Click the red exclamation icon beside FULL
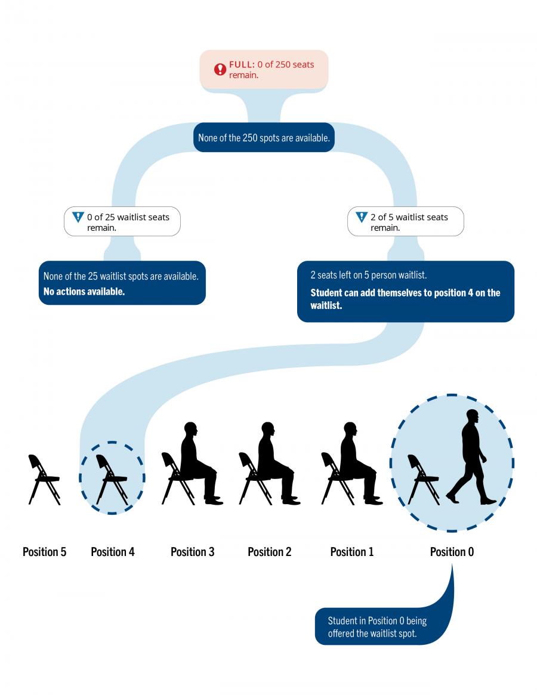coord(221,70)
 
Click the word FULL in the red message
coord(242,64)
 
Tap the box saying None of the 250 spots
coord(264,138)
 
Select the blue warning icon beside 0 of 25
coord(78,217)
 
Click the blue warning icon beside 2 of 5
coord(361,217)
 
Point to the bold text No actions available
coord(84,292)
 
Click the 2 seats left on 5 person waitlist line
coord(368,276)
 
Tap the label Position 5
coord(44,552)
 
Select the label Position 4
coord(113,552)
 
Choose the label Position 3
coord(192,552)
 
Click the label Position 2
coord(270,552)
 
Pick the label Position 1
coord(352,552)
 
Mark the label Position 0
coord(452,552)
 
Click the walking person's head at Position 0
coord(473,416)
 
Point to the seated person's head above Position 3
coord(191,430)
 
